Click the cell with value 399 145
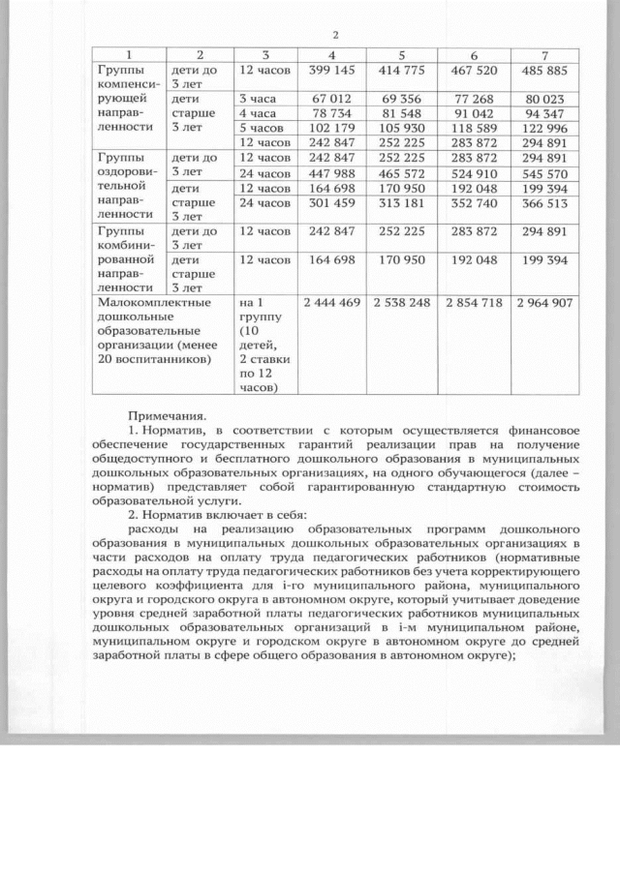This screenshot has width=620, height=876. (x=332, y=71)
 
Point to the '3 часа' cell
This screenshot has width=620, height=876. (x=258, y=99)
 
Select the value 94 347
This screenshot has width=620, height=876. (x=548, y=113)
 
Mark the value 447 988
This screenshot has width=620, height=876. (x=332, y=173)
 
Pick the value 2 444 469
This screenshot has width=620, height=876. (x=332, y=304)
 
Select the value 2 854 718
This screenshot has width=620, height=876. (x=474, y=304)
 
